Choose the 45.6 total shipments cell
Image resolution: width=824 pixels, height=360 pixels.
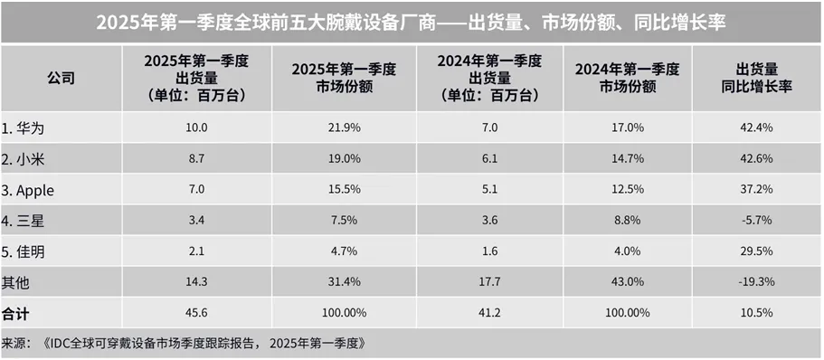point(195,313)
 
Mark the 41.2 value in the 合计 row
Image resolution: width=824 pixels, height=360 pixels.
point(488,313)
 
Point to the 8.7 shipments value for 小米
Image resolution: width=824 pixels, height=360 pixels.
point(195,158)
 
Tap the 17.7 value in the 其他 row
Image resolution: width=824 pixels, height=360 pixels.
point(488,282)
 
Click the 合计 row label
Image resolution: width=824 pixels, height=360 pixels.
point(16,313)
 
